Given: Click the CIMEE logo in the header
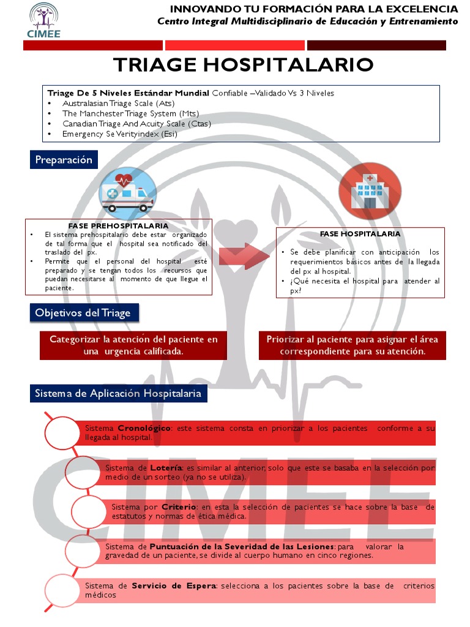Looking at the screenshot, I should pyautogui.click(x=44, y=20).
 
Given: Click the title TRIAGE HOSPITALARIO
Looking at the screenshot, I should pyautogui.click(x=244, y=64).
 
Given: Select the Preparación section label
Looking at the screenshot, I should pyautogui.click(x=64, y=160).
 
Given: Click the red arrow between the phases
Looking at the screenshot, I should pyautogui.click(x=240, y=256).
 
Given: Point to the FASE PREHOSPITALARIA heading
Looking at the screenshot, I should pyautogui.click(x=118, y=226).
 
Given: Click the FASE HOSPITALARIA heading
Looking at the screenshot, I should pyautogui.click(x=360, y=234).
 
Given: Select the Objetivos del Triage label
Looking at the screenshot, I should pyautogui.click(x=83, y=313).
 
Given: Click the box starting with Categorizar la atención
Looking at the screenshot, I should pyautogui.click(x=133, y=345).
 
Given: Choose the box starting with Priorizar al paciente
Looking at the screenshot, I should pyautogui.click(x=352, y=345).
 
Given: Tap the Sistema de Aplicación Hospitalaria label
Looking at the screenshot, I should pyautogui.click(x=118, y=393).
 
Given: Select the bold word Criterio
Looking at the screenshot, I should pyautogui.click(x=179, y=507).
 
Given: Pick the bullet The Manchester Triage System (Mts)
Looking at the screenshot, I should pyautogui.click(x=130, y=113).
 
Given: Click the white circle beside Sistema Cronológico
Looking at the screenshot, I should pyautogui.click(x=62, y=433).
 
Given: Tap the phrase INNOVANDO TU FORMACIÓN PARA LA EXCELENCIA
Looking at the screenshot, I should pyautogui.click(x=313, y=9).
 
